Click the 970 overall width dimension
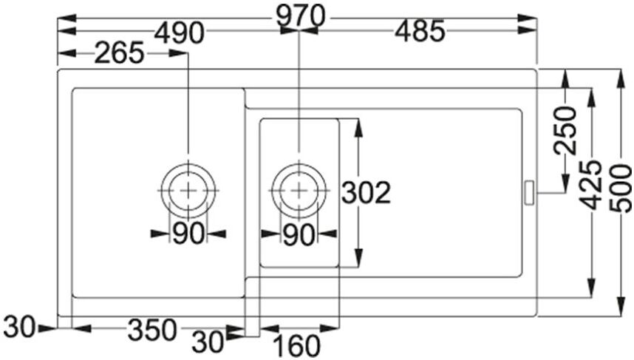point(301,16)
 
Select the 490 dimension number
point(179,33)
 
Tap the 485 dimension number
point(420,32)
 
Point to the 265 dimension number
point(119,53)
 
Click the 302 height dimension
point(367,192)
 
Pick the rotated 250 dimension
point(565,130)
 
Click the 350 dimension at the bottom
point(152,330)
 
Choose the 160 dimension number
point(297,346)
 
